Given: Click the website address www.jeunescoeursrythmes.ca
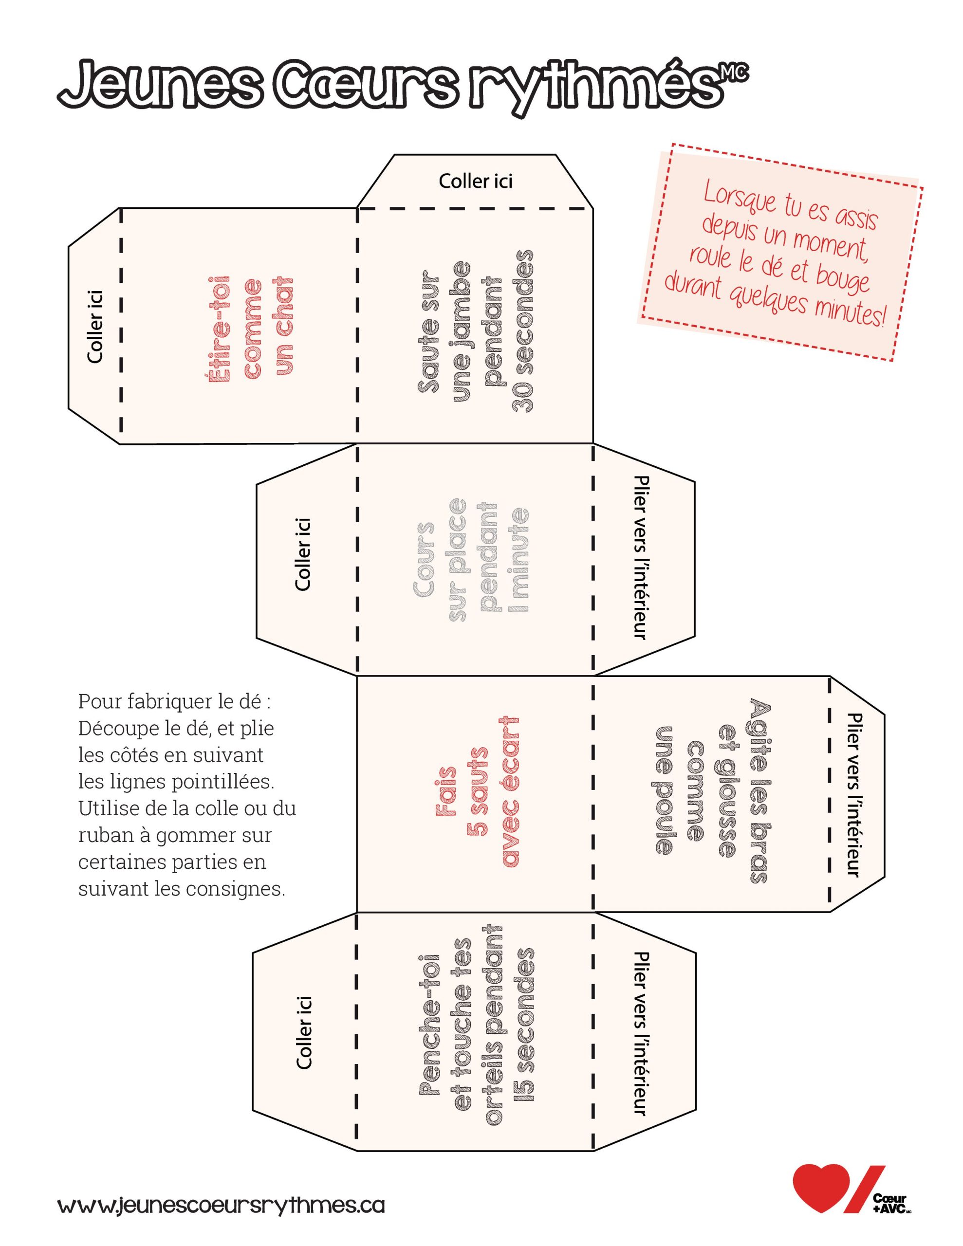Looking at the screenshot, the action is tap(221, 1206).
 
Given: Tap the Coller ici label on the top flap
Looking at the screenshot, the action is tap(476, 182).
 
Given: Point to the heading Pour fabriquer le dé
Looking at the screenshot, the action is tap(174, 701).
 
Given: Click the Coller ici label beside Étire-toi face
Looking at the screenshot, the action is tap(95, 326).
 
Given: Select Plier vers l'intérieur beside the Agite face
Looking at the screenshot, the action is tap(854, 795).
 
